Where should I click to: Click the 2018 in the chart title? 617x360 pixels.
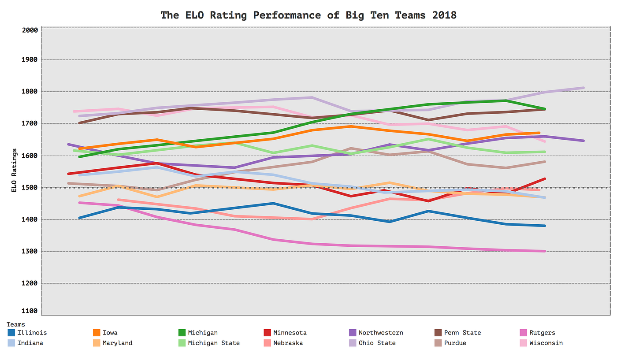pyautogui.click(x=442, y=15)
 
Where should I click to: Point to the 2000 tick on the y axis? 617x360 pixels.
pyautogui.click(x=30, y=30)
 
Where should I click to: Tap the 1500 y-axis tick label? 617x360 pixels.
pyautogui.click(x=30, y=188)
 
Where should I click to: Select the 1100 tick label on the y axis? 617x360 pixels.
pyautogui.click(x=30, y=311)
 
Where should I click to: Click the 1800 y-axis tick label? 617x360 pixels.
pyautogui.click(x=30, y=92)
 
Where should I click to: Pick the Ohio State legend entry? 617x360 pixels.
pyautogui.click(x=377, y=343)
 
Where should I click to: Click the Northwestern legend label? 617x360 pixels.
pyautogui.click(x=380, y=333)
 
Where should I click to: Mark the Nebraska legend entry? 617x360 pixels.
pyautogui.click(x=287, y=343)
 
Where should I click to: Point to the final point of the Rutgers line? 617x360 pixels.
pyautogui.click(x=545, y=251)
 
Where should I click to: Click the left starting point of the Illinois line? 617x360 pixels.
pyautogui.click(x=79, y=218)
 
